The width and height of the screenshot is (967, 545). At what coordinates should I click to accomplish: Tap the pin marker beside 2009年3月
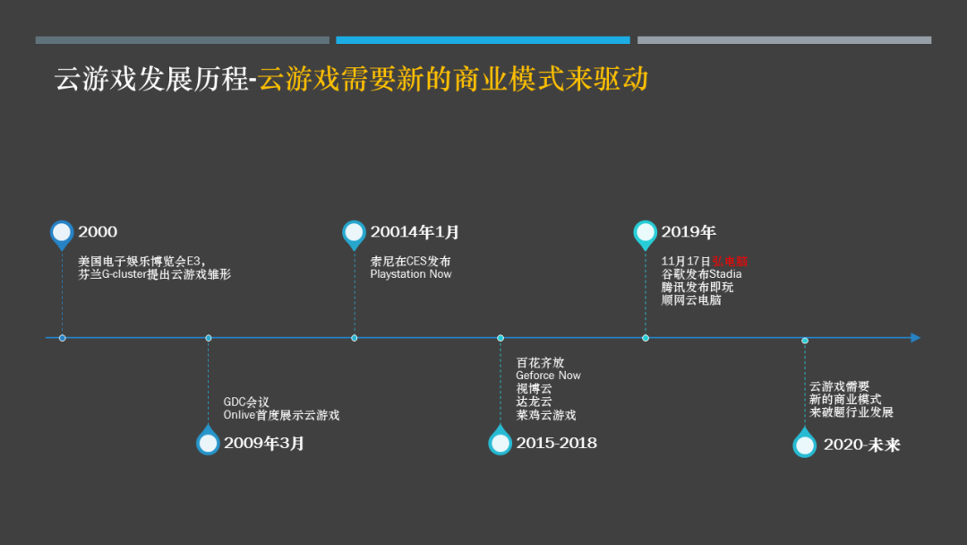(x=208, y=442)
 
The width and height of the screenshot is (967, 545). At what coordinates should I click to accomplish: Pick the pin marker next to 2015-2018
(x=501, y=442)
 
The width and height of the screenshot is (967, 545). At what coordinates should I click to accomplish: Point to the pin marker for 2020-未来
(x=805, y=444)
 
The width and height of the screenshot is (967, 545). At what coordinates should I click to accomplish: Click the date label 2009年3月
(x=264, y=443)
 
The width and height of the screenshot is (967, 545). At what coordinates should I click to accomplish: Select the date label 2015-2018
(x=556, y=443)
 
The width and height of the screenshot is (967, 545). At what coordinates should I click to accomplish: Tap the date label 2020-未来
(x=861, y=445)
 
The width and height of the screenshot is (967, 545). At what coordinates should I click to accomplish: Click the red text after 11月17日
(x=729, y=261)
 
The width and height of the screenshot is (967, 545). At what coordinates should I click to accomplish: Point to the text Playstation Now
(x=411, y=274)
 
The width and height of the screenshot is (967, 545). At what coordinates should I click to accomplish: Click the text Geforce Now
(x=548, y=376)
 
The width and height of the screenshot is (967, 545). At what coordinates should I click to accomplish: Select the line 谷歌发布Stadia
(x=701, y=274)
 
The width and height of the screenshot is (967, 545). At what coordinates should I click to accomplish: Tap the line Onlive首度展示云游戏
(x=281, y=415)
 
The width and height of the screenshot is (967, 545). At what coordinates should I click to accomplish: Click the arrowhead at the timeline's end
(x=915, y=338)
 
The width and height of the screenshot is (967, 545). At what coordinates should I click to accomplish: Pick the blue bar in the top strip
(x=483, y=40)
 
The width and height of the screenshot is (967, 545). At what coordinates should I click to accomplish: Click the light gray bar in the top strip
(x=783, y=40)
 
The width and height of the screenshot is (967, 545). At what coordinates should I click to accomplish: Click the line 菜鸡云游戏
(x=546, y=415)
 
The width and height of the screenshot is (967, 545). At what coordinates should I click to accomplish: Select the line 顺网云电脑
(x=691, y=300)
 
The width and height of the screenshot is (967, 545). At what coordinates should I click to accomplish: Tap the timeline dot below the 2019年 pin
(x=646, y=338)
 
